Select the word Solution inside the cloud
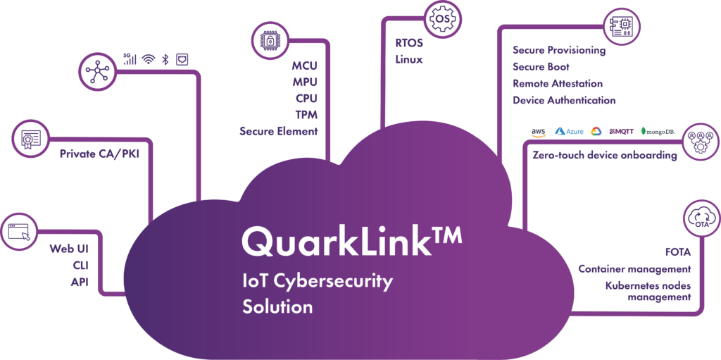click(277, 307)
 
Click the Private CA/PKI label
click(100, 152)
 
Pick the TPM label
click(306, 115)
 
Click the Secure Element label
click(278, 131)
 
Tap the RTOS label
click(409, 44)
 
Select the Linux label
click(409, 60)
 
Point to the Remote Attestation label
click(557, 83)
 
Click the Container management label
click(634, 269)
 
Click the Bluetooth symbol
click(165, 59)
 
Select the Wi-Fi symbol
click(148, 59)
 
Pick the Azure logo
click(570, 131)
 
